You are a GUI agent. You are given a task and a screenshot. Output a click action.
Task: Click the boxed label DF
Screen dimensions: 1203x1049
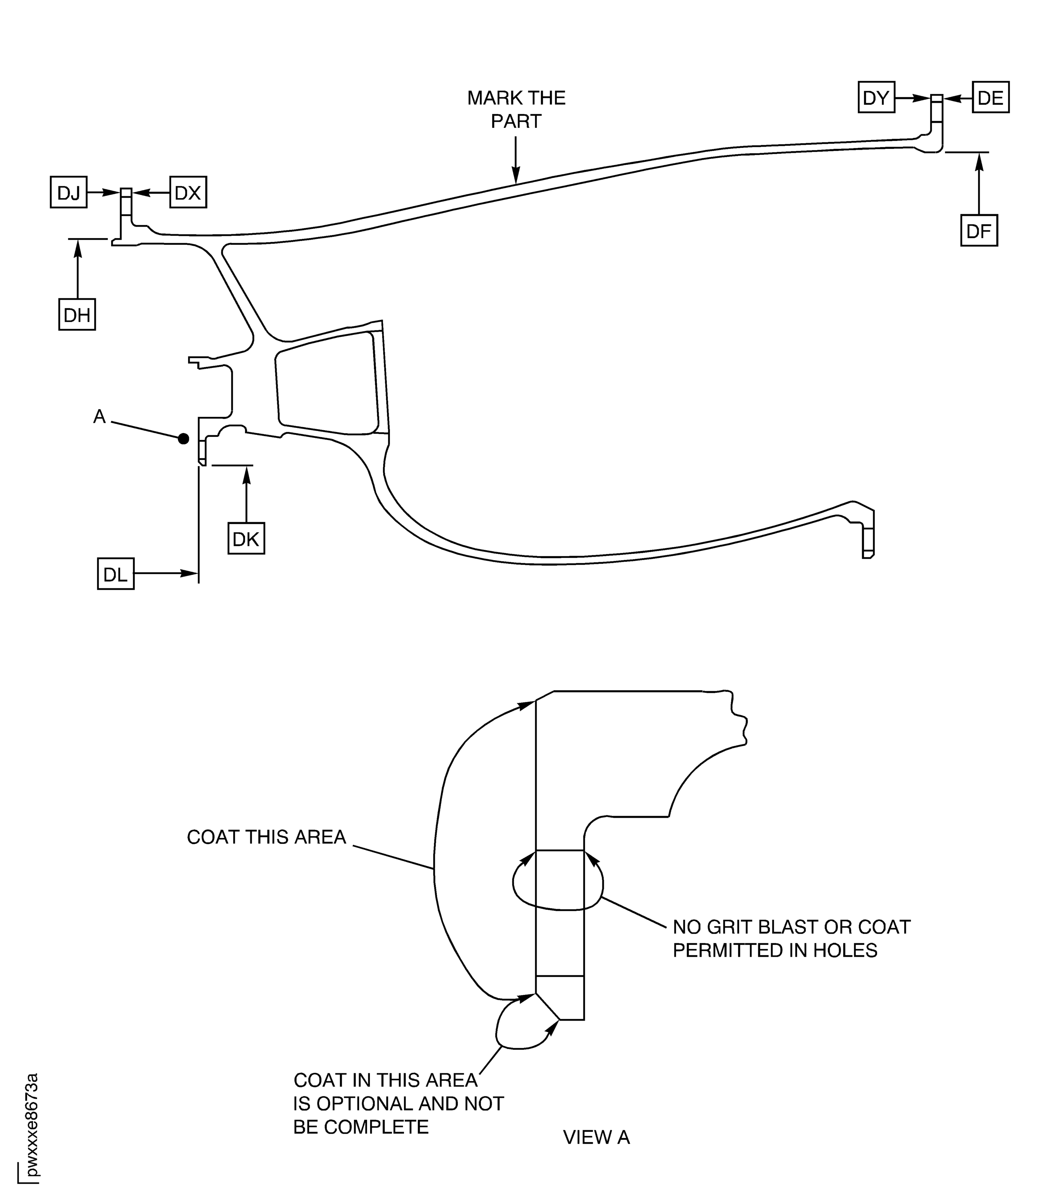(x=978, y=231)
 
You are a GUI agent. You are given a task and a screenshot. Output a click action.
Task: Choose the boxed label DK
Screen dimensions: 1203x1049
(x=246, y=538)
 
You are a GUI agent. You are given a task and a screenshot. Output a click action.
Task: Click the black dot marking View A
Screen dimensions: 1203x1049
(x=184, y=438)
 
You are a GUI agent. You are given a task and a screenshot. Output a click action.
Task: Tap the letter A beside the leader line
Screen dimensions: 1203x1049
(x=100, y=417)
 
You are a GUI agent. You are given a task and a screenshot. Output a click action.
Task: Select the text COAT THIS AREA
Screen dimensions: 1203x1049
(x=266, y=837)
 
